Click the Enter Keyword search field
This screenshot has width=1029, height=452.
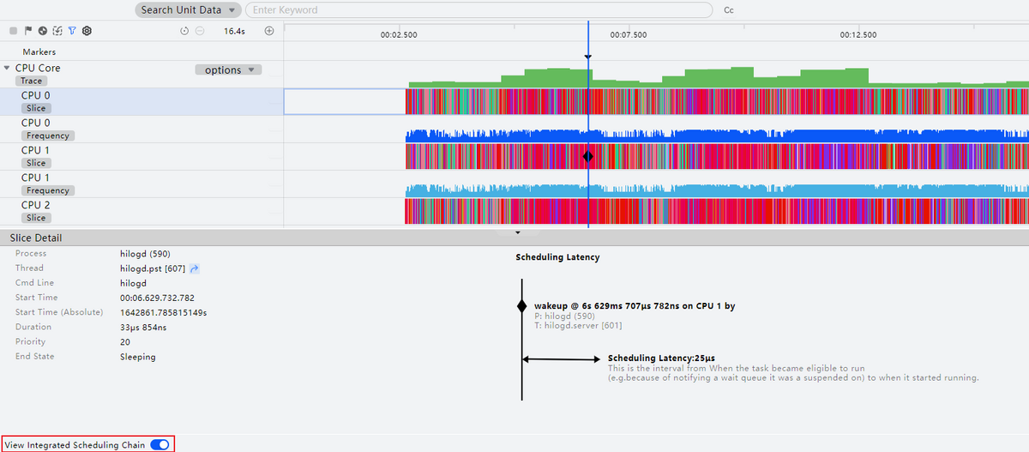coord(478,10)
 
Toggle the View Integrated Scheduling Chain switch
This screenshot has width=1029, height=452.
coord(159,445)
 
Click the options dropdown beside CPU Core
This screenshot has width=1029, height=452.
coord(229,70)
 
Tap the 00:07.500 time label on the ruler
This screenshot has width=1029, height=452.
coord(629,35)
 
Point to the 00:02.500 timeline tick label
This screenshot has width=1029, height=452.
coord(399,35)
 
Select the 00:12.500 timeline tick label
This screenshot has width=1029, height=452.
coord(858,35)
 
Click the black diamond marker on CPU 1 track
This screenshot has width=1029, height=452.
coord(588,157)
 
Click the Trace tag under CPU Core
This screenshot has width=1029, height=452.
coord(31,81)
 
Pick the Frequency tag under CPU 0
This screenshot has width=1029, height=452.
coord(48,136)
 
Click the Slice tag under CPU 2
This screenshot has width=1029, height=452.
coord(36,218)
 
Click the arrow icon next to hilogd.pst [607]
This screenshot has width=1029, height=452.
coord(194,268)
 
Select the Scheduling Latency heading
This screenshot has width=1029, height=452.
coord(557,257)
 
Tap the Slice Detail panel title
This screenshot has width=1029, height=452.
coord(36,238)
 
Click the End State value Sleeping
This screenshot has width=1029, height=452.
coord(138,357)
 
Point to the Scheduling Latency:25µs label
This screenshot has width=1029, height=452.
coord(661,358)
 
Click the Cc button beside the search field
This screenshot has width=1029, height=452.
coord(729,11)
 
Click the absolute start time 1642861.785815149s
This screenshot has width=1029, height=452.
coord(163,312)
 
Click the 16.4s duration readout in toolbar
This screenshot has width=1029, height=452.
coord(234,31)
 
